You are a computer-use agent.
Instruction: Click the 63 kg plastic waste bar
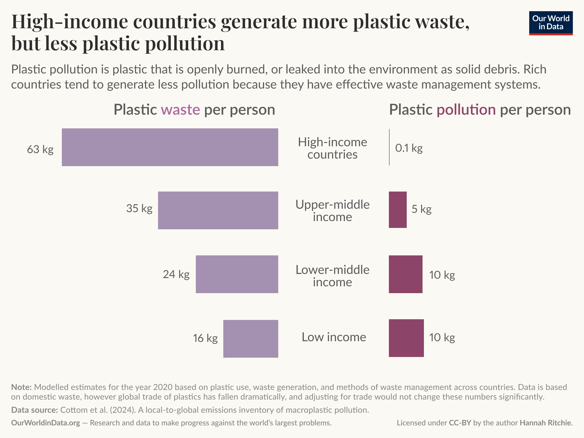click(170, 147)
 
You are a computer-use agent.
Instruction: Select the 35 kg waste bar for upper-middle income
click(218, 210)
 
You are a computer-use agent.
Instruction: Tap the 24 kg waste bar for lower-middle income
click(237, 274)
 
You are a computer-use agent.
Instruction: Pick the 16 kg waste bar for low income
click(251, 339)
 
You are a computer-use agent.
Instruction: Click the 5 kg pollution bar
click(398, 210)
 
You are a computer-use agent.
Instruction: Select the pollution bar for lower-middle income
click(406, 274)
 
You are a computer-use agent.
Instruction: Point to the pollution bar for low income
click(406, 338)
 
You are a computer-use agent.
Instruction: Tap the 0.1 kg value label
click(409, 148)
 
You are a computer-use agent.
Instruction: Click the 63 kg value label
click(40, 149)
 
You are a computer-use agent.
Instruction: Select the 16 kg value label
click(205, 338)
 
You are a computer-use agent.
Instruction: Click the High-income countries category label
click(332, 148)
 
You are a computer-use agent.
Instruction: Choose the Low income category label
click(334, 337)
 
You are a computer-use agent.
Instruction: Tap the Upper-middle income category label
click(332, 211)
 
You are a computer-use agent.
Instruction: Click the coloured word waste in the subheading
click(180, 110)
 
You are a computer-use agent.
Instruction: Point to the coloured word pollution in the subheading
click(466, 110)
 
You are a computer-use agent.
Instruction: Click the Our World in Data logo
click(551, 23)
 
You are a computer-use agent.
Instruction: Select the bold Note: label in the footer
click(21, 387)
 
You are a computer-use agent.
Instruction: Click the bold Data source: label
click(34, 410)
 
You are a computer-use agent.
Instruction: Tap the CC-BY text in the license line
click(460, 423)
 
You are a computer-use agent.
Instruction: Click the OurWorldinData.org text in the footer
click(45, 423)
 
